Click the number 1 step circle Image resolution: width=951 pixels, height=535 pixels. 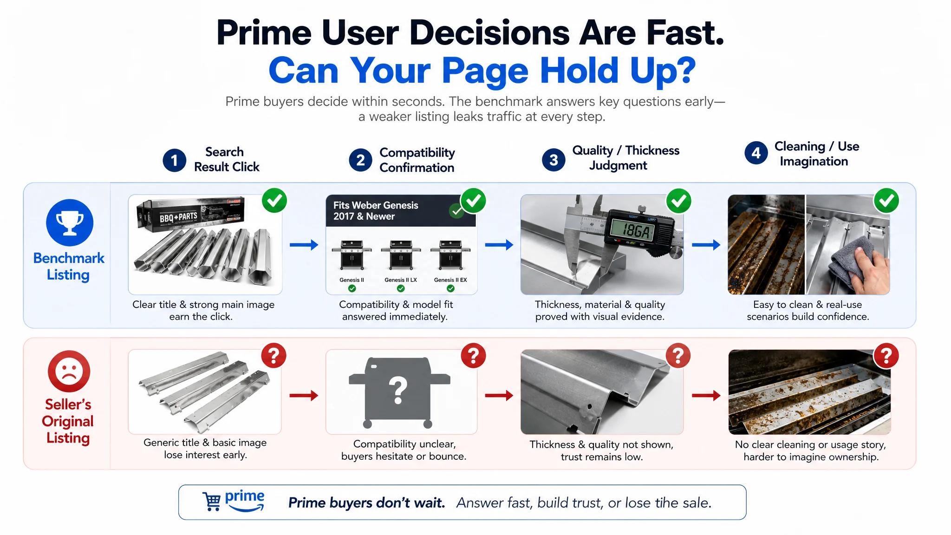point(174,160)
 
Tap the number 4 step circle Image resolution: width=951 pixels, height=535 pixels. point(756,153)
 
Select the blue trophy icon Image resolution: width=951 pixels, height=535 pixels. point(70,222)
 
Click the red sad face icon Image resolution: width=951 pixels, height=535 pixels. point(69,371)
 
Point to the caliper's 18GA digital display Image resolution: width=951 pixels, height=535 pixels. point(637,229)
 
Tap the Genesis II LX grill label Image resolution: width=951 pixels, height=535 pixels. point(401,280)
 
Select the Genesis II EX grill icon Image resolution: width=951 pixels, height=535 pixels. point(450,255)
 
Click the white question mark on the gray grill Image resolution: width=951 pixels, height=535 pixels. point(398,391)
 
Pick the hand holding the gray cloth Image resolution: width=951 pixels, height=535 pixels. point(868,269)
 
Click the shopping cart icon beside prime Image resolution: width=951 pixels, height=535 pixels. point(212,502)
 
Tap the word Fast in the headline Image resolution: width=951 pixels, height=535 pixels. point(685,33)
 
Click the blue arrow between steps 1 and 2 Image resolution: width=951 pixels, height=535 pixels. point(304,245)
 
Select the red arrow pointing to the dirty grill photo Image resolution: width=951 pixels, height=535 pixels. point(706,396)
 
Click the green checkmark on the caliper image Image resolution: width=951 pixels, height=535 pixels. point(679,201)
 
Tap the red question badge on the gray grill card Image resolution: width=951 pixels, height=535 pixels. point(473,356)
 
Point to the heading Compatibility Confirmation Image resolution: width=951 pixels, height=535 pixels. point(417,160)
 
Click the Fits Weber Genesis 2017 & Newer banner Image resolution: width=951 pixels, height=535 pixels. point(401,210)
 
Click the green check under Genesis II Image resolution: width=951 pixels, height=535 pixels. point(352,288)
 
